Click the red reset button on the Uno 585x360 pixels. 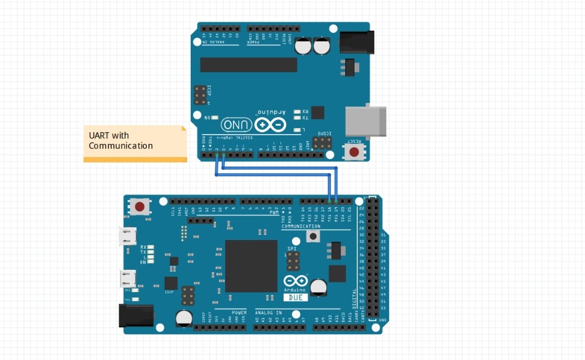(x=353, y=152)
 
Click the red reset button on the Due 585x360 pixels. (x=140, y=206)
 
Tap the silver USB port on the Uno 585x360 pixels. (x=366, y=122)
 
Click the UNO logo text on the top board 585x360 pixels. (x=237, y=125)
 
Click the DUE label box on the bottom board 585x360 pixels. (x=295, y=297)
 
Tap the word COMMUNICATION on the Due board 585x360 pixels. (x=301, y=226)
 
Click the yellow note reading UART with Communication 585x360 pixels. (x=135, y=142)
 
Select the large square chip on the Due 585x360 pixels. (x=251, y=266)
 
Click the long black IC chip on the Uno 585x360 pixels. (x=244, y=64)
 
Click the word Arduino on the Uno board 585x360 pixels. (x=272, y=112)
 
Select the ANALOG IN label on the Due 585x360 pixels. (x=269, y=313)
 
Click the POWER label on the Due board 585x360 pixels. (x=239, y=313)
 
